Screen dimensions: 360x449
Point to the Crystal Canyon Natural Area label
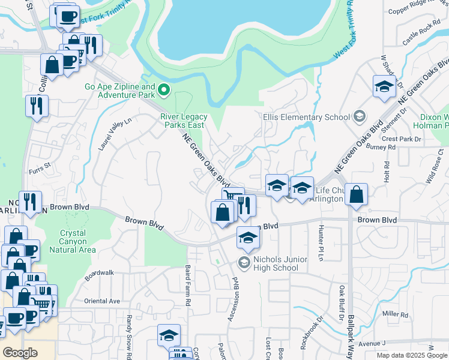pos(78,241)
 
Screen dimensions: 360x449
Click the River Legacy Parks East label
pos(184,121)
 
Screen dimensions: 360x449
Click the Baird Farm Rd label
pos(188,287)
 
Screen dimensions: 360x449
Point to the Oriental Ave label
pos(102,301)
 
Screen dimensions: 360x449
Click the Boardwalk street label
pos(99,275)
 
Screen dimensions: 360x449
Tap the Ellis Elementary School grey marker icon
pos(360,116)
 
